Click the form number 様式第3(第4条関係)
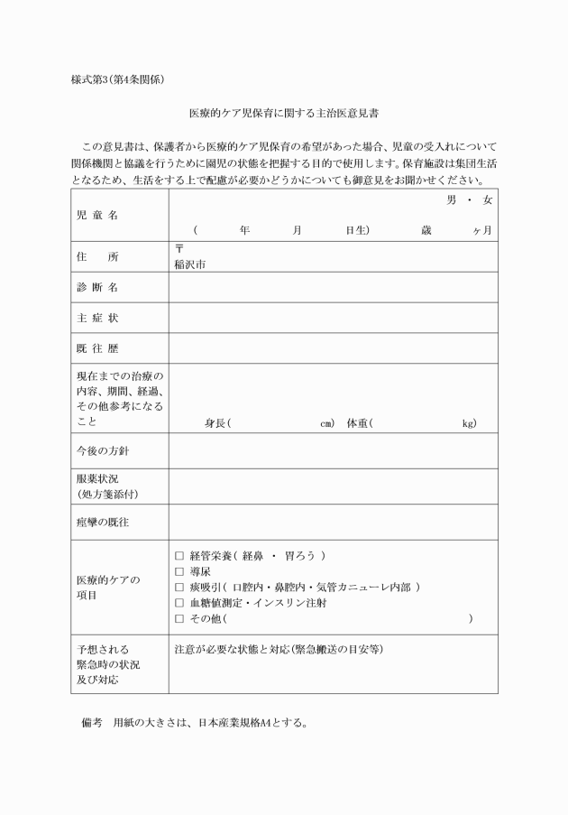(116, 79)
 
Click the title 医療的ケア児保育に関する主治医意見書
(284, 116)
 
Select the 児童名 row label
(97, 216)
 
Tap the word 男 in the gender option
(452, 199)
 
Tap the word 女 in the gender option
(488, 199)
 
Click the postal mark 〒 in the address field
(179, 248)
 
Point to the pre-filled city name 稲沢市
(190, 265)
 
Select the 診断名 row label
(97, 288)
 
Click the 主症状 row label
(97, 319)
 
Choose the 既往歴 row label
(97, 349)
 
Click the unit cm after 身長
(326, 423)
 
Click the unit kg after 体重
(468, 423)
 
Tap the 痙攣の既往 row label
(103, 522)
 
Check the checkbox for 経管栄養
(179, 555)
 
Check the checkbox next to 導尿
(179, 571)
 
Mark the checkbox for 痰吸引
(179, 587)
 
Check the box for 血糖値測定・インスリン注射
(179, 603)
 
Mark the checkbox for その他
(179, 618)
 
